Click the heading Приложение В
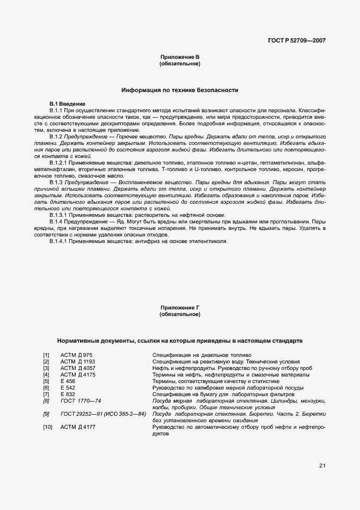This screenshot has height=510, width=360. pyautogui.click(x=180, y=57)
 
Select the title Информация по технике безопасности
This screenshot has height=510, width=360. pyautogui.click(x=180, y=90)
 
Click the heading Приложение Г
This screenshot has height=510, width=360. pyautogui.click(x=180, y=308)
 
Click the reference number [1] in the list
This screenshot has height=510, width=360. pyautogui.click(x=46, y=355)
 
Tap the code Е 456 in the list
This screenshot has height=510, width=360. pyautogui.click(x=68, y=381)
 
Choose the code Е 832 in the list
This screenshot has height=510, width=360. pyautogui.click(x=68, y=394)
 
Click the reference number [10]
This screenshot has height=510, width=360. pyautogui.click(x=47, y=427)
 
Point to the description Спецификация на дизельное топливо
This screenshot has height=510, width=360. pyautogui.click(x=198, y=355)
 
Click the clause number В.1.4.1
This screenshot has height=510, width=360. pyautogui.click(x=58, y=241)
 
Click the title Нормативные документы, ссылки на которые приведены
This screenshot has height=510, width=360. pyautogui.click(x=180, y=341)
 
